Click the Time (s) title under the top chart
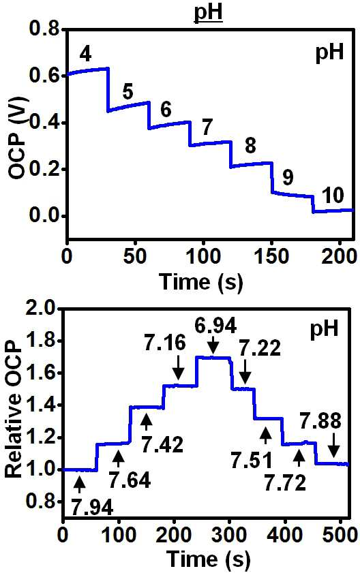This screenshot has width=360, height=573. point(201,282)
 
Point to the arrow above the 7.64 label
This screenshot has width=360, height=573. point(118,459)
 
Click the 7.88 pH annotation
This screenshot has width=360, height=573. point(320,420)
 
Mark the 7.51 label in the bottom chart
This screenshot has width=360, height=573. point(252,461)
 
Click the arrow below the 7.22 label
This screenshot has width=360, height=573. point(245,371)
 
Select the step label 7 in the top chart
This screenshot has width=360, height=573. point(207,127)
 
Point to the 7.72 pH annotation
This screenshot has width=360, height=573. point(285,483)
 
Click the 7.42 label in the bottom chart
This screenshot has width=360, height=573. point(162,445)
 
